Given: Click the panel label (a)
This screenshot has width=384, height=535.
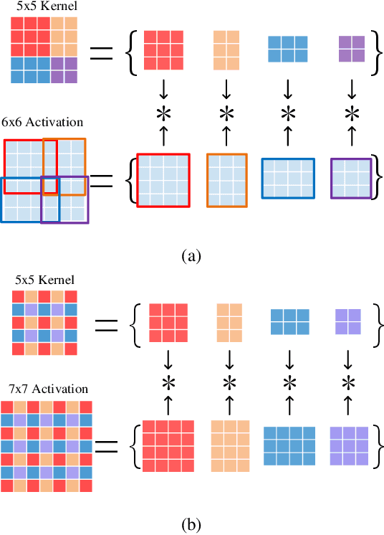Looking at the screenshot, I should [192, 255].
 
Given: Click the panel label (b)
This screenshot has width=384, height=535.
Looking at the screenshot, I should [192, 524].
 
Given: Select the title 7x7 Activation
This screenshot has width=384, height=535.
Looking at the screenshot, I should [44, 389].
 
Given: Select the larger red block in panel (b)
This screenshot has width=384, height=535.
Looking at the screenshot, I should [167, 446].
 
